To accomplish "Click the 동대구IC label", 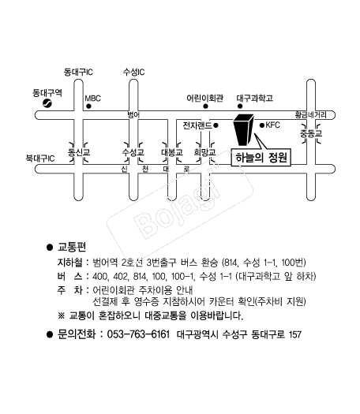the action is (x=78, y=72).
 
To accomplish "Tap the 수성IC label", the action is (x=133, y=72).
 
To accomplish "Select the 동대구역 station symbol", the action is (x=47, y=103).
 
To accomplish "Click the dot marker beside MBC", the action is (x=88, y=106).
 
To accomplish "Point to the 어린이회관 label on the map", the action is (x=204, y=99).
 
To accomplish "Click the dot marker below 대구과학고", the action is (x=240, y=106).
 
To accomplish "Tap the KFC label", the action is (x=272, y=125).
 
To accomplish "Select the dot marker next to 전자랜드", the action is (x=216, y=125).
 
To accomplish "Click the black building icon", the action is (x=243, y=130).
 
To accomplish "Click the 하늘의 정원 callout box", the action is (x=261, y=158).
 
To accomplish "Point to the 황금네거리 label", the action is (x=311, y=115).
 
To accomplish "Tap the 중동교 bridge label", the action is (x=311, y=133).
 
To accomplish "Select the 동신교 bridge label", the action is (x=79, y=152).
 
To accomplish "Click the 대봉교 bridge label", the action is (x=172, y=152).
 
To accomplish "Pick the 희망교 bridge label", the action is (x=204, y=152).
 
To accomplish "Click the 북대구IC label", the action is (x=40, y=159).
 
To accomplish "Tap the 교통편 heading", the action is (x=72, y=247).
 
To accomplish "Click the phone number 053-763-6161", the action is (x=138, y=334).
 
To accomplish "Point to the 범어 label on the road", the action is (x=133, y=114).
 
